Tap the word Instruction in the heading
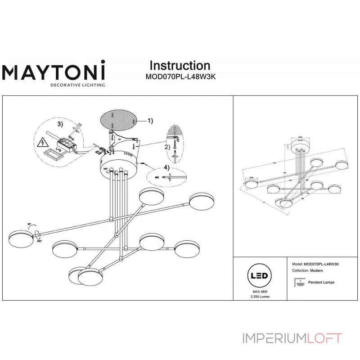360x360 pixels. pos(180,66)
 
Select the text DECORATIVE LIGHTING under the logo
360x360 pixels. pos(77,85)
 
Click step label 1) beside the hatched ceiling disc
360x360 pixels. pos(150,121)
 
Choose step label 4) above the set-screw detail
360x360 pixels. pos(167,168)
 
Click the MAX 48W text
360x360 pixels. pos(259,292)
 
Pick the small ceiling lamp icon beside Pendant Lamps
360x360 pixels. pos(297,282)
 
